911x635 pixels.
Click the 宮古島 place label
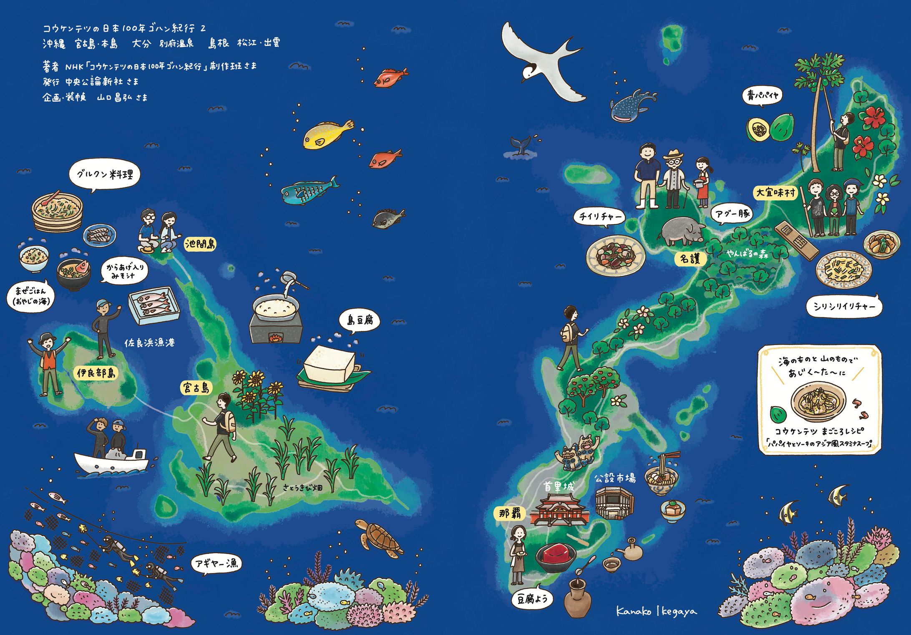coord(196,388)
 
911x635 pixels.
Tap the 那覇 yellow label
coord(510,513)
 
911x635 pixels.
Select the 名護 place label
coord(690,259)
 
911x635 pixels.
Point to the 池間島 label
coord(200,244)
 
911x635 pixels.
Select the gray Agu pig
coord(682,232)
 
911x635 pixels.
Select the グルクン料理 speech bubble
coord(104,174)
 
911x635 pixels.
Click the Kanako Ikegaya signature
coord(656,612)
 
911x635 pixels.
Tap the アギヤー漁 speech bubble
coord(216,564)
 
